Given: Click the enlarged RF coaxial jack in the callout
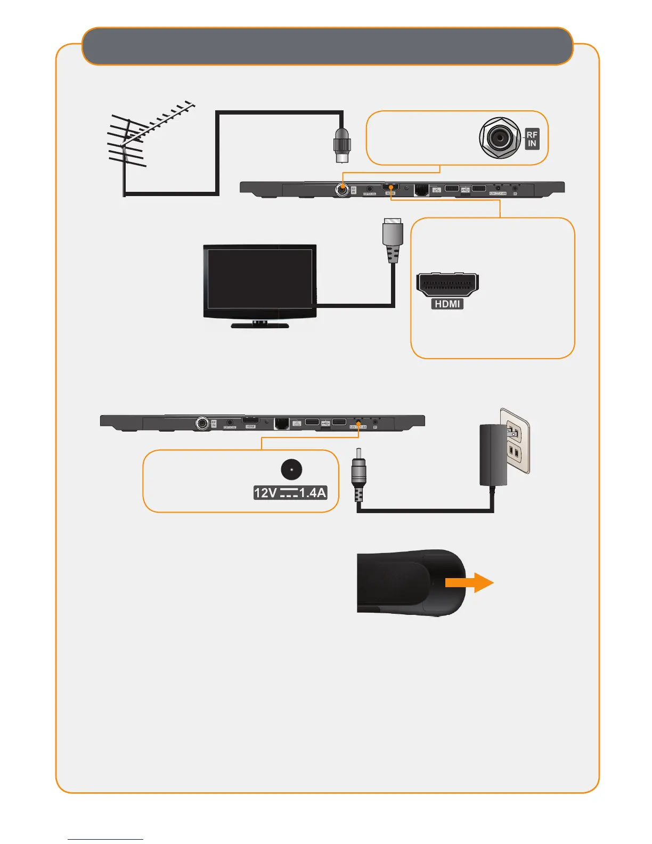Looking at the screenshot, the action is point(500,139).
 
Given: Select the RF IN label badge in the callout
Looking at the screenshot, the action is point(532,139).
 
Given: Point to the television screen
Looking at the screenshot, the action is point(259,279).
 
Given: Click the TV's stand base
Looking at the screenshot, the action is point(260,325).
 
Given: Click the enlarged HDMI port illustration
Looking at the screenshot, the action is point(447,285).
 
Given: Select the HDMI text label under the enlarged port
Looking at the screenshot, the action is point(447,304).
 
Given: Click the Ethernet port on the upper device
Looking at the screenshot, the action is point(421,189).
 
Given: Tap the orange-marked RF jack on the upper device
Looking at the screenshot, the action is point(341,189).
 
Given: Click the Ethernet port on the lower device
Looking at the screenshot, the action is point(281,423).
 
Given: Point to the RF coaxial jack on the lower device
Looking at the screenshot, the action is point(202,423).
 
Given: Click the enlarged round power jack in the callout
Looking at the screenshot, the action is point(291,470).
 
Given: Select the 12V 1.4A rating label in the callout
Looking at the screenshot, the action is point(290,493).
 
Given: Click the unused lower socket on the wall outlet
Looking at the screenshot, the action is point(514,453).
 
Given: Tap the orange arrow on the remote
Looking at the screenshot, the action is point(469,582).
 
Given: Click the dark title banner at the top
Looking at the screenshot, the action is point(327,46).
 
